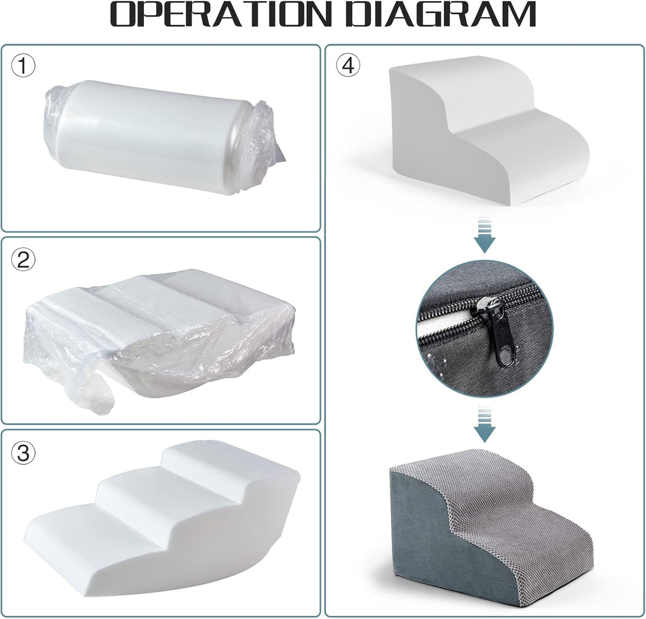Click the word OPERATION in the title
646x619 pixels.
[x=220, y=15]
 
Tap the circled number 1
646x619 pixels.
[x=23, y=66]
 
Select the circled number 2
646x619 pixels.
[x=23, y=259]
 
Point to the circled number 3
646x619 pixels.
[x=23, y=453]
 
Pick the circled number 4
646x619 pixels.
[x=348, y=66]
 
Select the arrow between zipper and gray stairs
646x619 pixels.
[x=484, y=425]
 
